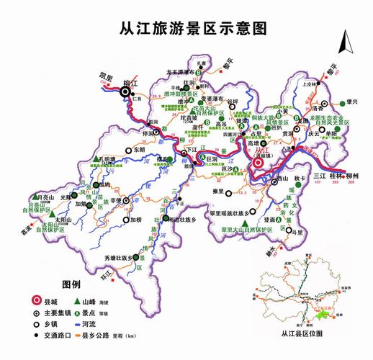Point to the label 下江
[191, 150]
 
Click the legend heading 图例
[71, 284]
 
